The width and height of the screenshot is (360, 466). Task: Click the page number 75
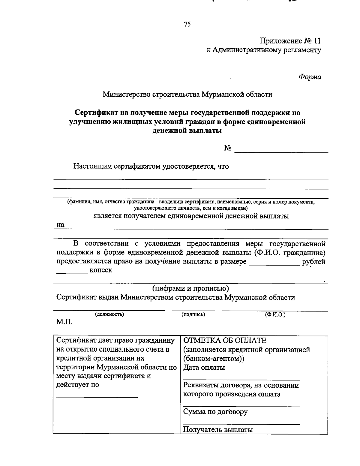[187, 25]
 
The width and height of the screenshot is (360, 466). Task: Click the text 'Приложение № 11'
[290, 41]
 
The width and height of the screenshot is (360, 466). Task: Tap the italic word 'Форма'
[310, 77]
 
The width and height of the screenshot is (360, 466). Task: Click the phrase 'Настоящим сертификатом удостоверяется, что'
[151, 166]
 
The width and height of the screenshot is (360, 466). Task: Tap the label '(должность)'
[109, 314]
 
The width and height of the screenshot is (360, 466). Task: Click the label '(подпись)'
[193, 314]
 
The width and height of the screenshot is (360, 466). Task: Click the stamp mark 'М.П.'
[64, 322]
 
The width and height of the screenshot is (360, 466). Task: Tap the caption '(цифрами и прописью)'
[190, 288]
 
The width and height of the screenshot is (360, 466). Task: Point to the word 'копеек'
[100, 270]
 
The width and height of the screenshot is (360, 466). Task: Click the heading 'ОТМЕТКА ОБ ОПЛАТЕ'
[225, 341]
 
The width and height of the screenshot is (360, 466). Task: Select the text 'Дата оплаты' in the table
[204, 367]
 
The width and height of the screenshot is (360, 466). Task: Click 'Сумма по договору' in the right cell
[215, 412]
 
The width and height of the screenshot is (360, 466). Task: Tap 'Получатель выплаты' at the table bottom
[218, 429]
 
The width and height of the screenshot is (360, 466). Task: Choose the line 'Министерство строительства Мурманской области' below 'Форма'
[187, 95]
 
